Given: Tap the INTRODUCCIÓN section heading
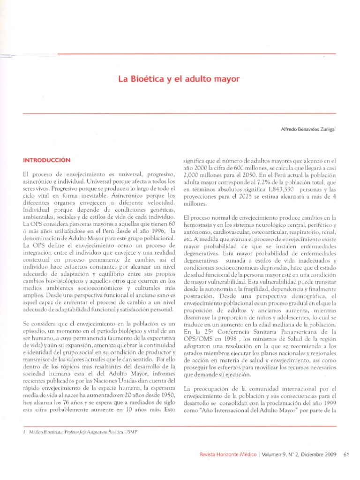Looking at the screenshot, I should tap(46, 160).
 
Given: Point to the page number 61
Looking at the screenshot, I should tap(347, 453).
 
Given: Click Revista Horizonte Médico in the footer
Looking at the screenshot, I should tap(226, 453).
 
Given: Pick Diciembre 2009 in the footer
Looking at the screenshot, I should tap(318, 453).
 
